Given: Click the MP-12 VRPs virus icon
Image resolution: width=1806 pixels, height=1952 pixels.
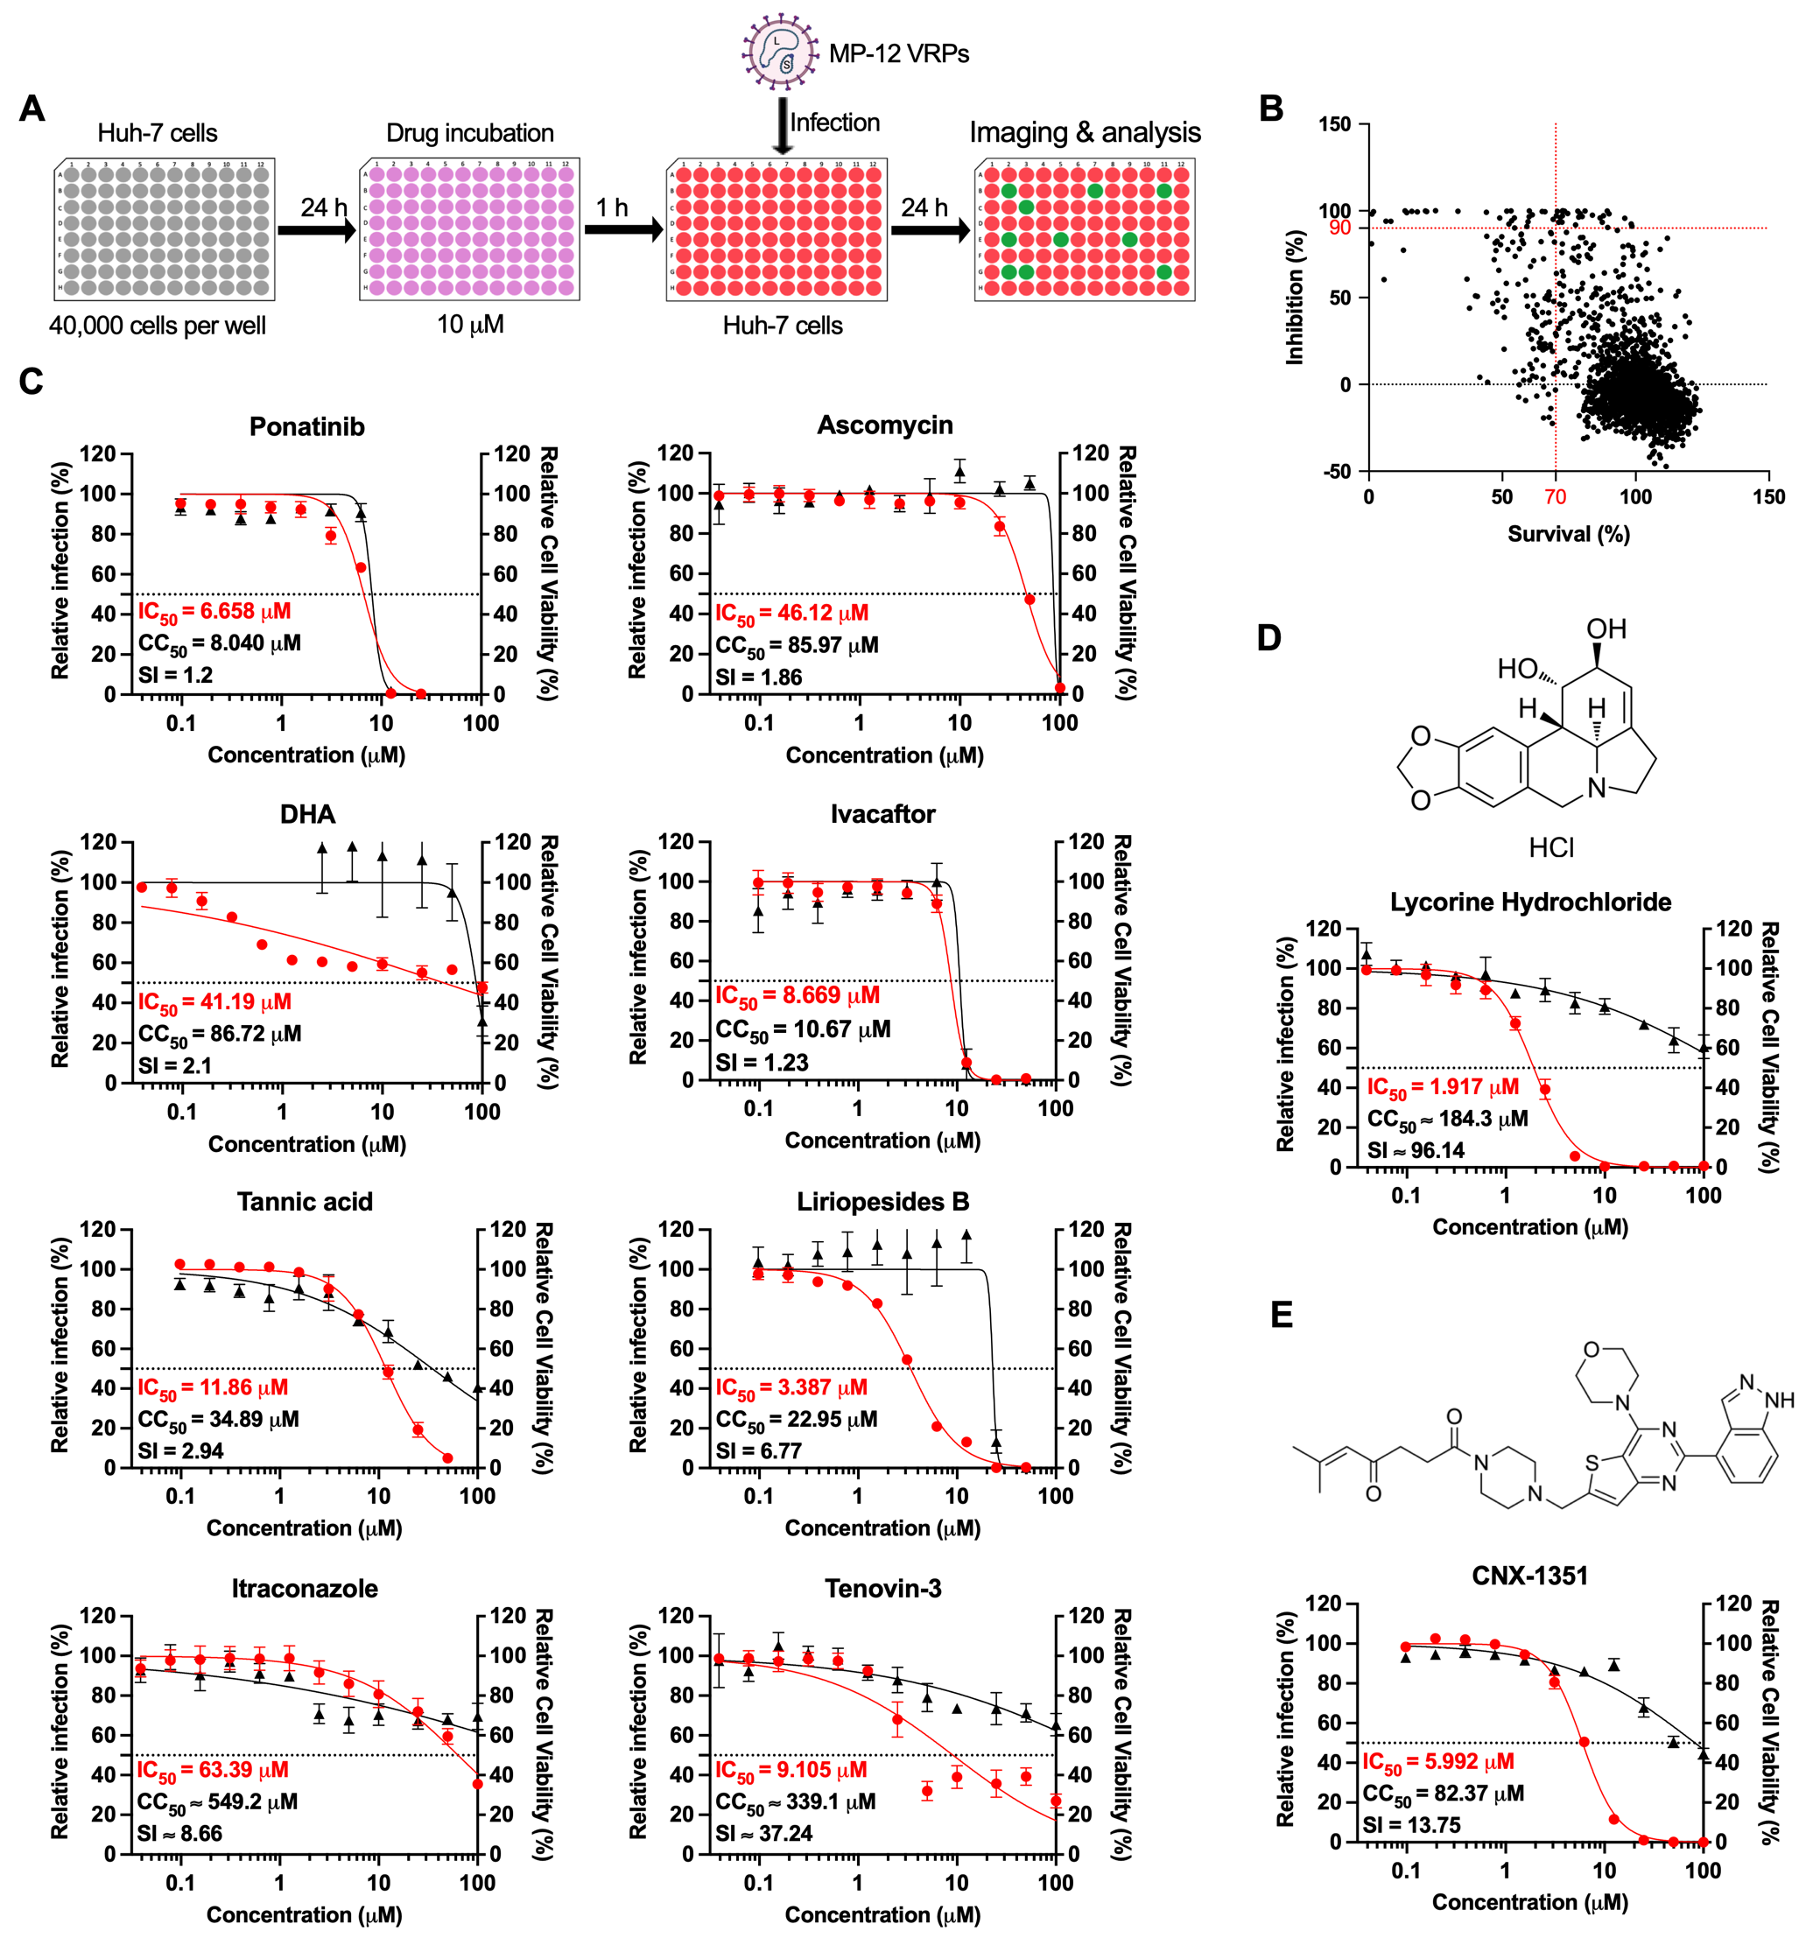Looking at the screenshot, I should (779, 52).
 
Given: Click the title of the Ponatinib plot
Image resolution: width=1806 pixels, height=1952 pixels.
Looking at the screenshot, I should (307, 427).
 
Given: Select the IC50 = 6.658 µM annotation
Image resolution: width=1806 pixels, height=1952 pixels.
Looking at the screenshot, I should (214, 612).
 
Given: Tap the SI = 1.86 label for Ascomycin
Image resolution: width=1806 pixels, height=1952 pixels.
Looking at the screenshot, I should (758, 677).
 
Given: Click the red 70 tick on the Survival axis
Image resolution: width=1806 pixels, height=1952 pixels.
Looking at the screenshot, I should (1555, 496).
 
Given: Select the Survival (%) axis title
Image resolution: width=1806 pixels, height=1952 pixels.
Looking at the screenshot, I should (1568, 533).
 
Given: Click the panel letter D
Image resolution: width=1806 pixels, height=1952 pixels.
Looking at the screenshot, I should (1268, 638).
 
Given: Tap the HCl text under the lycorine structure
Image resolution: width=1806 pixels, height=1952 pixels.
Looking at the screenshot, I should (1551, 847).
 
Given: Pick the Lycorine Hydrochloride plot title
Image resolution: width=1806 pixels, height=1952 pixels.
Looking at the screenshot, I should (1530, 902).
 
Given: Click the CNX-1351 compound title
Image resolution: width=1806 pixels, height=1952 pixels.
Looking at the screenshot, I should (1529, 1576).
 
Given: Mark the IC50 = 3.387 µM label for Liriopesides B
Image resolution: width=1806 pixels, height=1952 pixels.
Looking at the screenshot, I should (791, 1387).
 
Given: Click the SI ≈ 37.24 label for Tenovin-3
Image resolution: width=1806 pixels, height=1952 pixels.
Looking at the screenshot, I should (763, 1834).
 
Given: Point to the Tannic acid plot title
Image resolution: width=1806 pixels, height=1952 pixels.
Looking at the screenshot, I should (305, 1202).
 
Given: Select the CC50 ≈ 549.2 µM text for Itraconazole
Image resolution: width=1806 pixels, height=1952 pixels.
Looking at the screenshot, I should (217, 1801).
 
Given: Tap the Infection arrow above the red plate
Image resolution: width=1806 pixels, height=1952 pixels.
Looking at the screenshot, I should (782, 123).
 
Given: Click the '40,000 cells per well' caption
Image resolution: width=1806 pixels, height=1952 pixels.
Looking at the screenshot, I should (158, 326).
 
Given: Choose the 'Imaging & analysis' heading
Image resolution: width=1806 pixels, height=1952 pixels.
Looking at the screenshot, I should (1085, 132).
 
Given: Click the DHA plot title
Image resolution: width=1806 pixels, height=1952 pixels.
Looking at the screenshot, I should (307, 815).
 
